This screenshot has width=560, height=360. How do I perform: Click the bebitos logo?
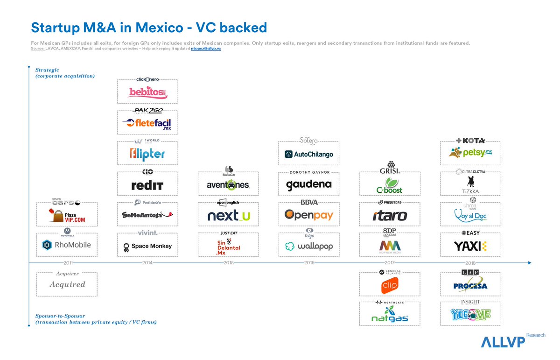pos(147,92)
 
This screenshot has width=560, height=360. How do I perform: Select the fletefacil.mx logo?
pos(147,123)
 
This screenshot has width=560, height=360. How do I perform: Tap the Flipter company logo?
pos(147,154)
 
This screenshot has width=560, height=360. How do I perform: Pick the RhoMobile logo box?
pos(67,245)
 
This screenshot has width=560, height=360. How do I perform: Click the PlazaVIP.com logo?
pos(67,215)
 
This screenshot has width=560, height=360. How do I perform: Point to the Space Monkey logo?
pos(147,246)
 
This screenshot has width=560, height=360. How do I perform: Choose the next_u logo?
pos(228,215)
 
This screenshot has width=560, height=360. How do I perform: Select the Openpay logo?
pos(308,215)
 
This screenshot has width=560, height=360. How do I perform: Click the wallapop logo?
pos(308,246)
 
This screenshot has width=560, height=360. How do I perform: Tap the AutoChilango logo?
pos(308,154)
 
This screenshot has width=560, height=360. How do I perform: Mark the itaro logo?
pos(390,216)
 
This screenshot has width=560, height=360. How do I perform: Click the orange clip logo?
pos(389,285)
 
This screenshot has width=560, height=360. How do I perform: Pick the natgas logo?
pos(389,315)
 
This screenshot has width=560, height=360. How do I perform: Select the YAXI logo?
pos(470,246)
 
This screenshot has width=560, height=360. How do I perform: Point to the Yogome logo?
pos(470,315)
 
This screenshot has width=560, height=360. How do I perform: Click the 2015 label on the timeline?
pos(229,263)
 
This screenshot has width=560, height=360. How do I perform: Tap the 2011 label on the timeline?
pos(67,263)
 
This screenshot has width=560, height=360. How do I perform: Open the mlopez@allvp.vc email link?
pos(206,49)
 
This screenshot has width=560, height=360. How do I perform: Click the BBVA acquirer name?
pos(308,202)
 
